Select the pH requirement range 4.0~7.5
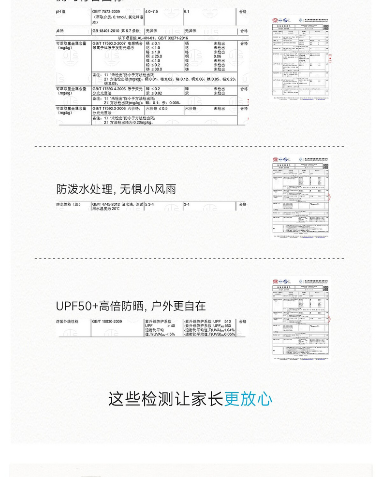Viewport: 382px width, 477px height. click(x=153, y=11)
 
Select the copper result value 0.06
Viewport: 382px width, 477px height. click(x=217, y=56)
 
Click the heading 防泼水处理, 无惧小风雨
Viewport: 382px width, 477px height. click(x=116, y=189)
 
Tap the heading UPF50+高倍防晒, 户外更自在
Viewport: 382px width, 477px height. click(x=131, y=306)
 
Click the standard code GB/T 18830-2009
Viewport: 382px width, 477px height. click(x=107, y=321)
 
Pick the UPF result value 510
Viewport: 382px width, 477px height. click(x=227, y=321)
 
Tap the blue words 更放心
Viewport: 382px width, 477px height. click(x=249, y=399)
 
